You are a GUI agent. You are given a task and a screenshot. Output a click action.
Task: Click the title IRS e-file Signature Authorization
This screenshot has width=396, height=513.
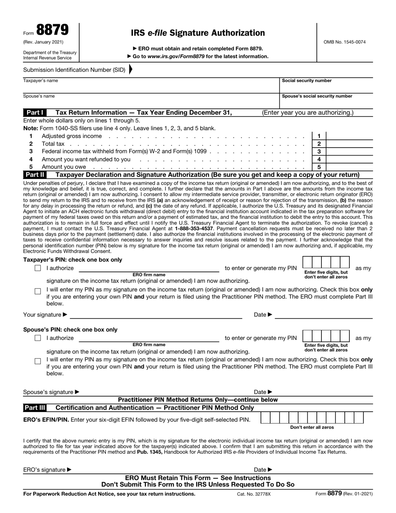click(x=198, y=33)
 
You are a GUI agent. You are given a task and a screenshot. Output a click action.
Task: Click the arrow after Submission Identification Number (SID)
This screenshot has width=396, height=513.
click(x=131, y=70)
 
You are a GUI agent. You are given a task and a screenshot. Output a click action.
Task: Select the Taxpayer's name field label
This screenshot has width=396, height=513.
click(x=40, y=81)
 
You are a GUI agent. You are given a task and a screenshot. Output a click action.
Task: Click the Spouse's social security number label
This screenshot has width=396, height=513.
click(x=317, y=96)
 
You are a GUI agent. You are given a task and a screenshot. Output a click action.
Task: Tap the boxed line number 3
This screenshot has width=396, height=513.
click(x=319, y=151)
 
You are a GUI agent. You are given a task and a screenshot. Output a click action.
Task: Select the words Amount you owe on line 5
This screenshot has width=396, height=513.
click(x=64, y=167)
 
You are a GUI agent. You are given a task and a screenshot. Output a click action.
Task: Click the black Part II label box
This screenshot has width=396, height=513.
click(x=35, y=175)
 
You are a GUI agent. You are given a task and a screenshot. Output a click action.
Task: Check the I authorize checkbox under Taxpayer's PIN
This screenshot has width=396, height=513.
click(x=38, y=268)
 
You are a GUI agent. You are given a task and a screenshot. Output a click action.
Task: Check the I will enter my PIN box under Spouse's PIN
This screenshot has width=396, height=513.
click(x=38, y=361)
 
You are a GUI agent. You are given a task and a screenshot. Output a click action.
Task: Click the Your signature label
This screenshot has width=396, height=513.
click(x=45, y=314)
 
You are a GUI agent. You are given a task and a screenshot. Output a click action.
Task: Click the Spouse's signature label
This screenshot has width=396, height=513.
click(x=51, y=392)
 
